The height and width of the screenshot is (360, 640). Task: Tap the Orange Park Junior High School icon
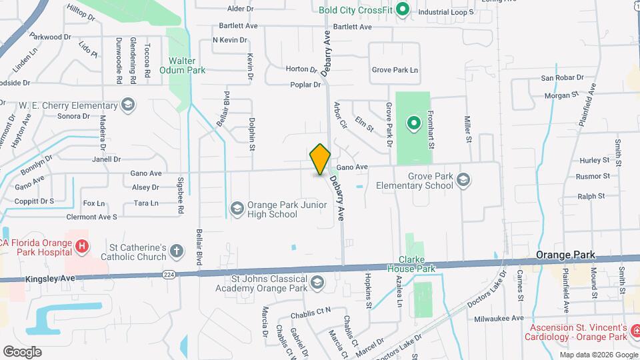click(237, 209)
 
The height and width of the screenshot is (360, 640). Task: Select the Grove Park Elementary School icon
click(464, 180)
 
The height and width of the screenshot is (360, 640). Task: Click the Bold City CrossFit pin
click(402, 9)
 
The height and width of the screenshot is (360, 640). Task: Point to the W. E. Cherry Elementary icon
click(128, 105)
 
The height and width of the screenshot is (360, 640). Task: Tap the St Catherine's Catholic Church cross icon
click(176, 251)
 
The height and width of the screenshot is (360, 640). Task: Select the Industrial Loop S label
click(445, 12)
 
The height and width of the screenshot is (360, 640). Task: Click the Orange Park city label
click(565, 255)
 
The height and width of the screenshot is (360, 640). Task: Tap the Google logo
click(22, 351)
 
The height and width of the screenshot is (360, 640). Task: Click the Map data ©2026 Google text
click(598, 355)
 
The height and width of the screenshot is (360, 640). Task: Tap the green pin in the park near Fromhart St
click(413, 123)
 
